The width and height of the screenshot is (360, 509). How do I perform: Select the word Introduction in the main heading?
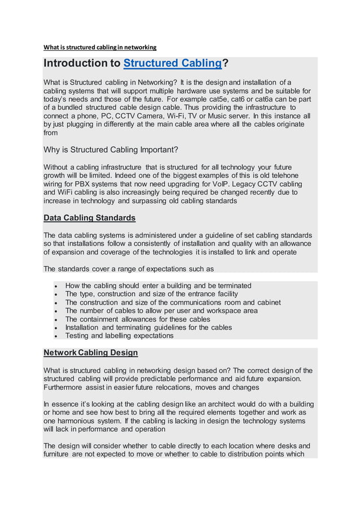click(81, 63)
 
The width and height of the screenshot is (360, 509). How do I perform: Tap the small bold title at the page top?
click(100, 47)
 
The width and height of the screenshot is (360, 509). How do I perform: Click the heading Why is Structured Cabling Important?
click(111, 150)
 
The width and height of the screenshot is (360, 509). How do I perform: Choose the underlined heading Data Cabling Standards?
click(89, 218)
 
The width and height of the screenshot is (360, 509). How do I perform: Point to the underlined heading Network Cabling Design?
click(90, 353)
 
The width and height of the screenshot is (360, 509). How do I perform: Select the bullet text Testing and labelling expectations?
click(119, 336)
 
